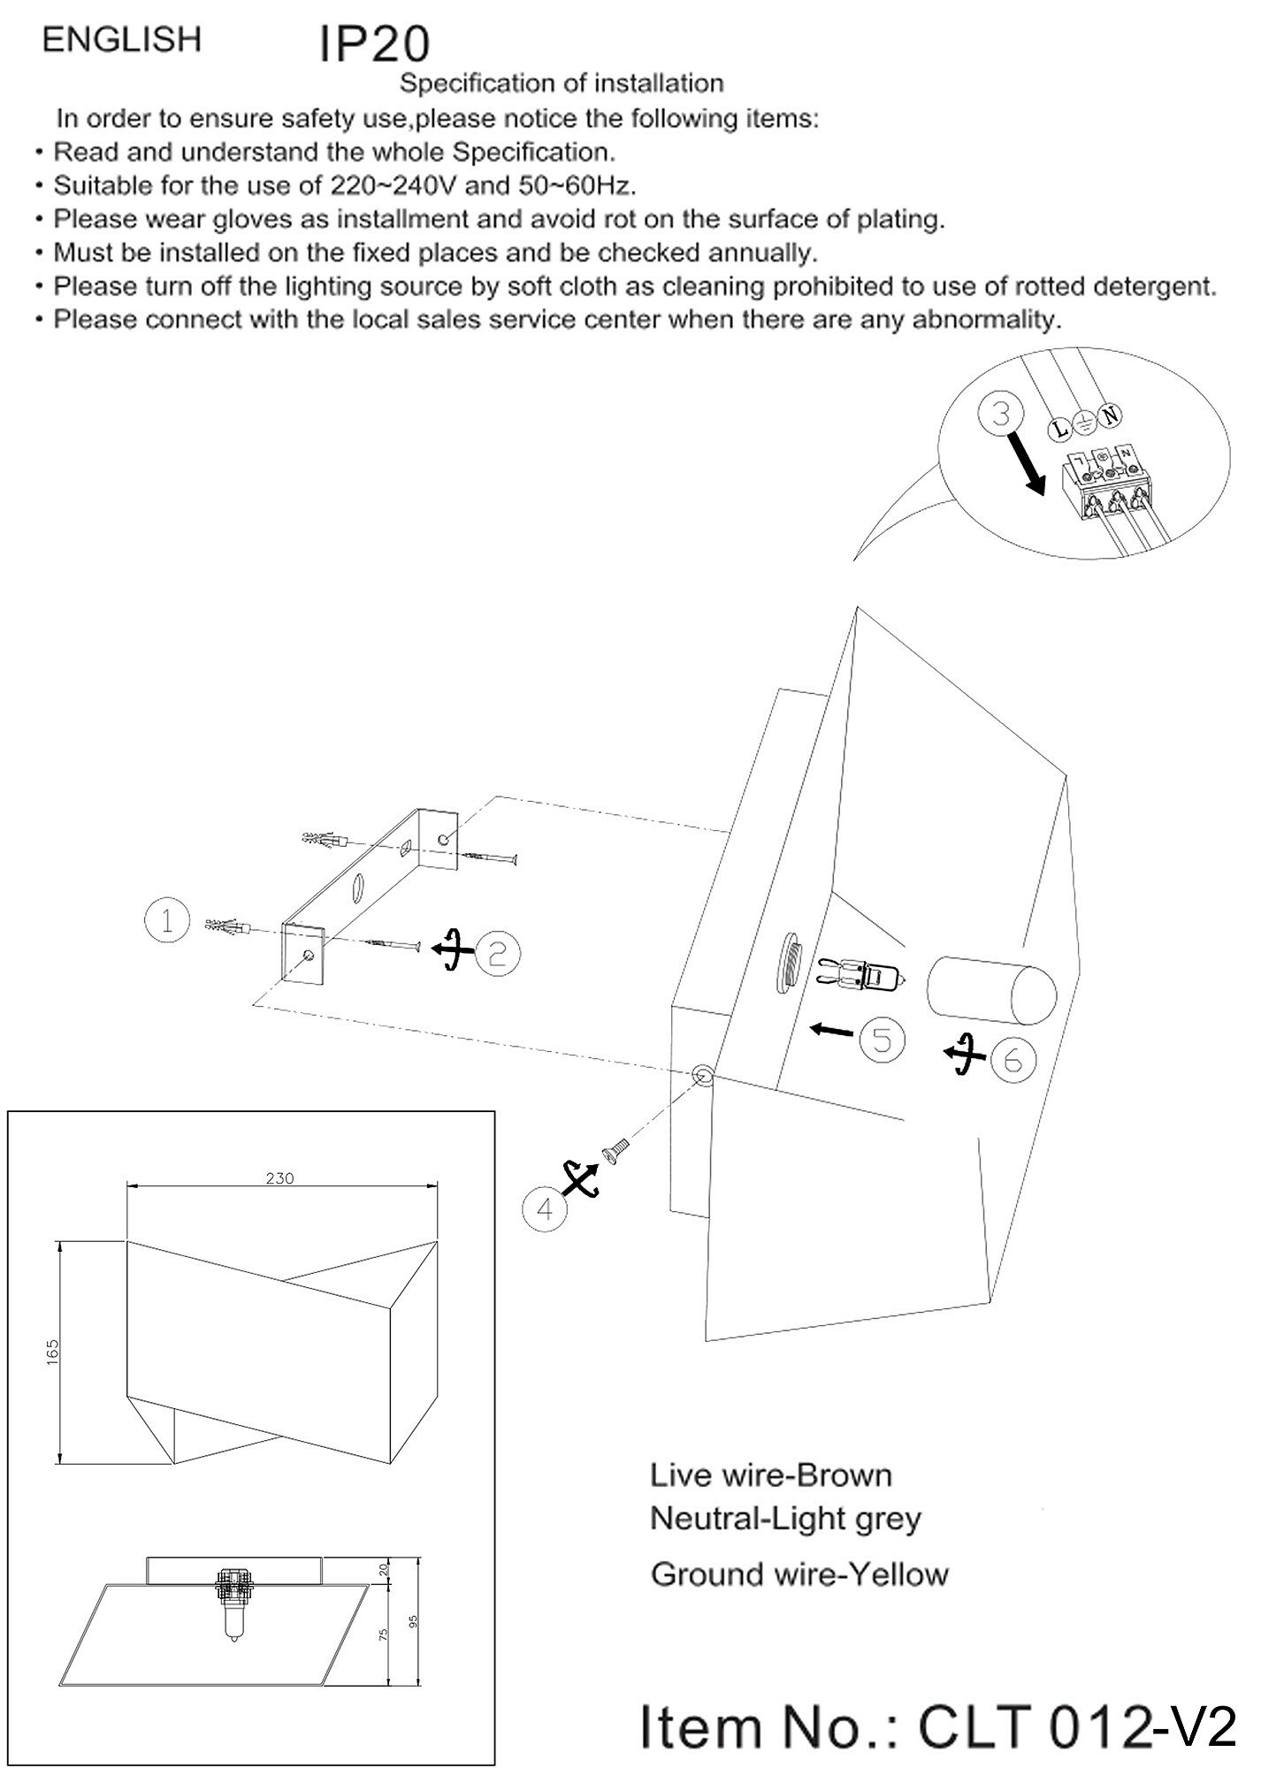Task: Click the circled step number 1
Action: coord(166,921)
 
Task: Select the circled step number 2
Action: coord(498,953)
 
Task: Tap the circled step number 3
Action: coord(1000,415)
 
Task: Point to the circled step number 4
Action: coord(545,1208)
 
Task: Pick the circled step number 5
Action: coord(883,1039)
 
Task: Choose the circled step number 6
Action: coord(1013,1059)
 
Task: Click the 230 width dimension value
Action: coord(279,1177)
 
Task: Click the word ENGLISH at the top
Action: coord(122,40)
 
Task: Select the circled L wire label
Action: coord(1059,430)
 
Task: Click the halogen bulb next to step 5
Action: coord(860,976)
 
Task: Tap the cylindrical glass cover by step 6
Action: coord(990,987)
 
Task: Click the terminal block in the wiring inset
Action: coord(1108,482)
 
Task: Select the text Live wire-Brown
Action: coord(770,1475)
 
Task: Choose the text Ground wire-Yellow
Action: coord(799,1574)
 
